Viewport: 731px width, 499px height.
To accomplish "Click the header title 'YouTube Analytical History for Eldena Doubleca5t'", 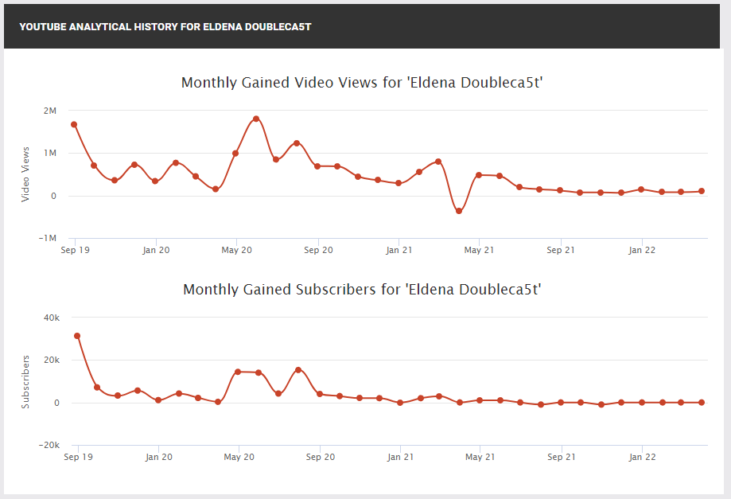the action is [x=165, y=26].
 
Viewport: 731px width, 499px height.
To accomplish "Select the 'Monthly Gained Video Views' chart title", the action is [x=362, y=83].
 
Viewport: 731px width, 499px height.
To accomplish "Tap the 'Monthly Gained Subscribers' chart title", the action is [x=362, y=290].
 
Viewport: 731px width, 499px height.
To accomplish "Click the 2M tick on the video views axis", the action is [x=50, y=111].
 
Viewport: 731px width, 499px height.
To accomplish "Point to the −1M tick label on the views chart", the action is [x=48, y=238].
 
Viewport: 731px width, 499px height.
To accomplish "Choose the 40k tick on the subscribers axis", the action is [x=52, y=318].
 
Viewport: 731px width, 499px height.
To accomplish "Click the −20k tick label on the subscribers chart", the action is [x=49, y=445].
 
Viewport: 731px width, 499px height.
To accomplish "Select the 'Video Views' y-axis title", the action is [x=25, y=174].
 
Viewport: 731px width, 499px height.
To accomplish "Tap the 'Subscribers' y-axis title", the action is [x=25, y=382].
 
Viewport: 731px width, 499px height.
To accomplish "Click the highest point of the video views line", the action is [x=256, y=119].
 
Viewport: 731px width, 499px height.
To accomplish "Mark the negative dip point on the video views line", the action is [x=459, y=211].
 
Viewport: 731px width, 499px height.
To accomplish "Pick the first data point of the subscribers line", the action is [x=77, y=336].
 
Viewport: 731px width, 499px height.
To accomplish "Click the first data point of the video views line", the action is [x=74, y=124].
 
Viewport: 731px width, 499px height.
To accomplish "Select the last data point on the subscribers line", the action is [x=702, y=403].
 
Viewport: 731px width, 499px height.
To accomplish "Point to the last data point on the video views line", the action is [x=702, y=191].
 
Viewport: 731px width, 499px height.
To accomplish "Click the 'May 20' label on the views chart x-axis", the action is [x=236, y=250].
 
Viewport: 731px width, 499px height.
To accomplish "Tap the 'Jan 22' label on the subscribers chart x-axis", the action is [x=642, y=457].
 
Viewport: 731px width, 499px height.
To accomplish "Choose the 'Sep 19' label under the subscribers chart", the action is [x=78, y=457].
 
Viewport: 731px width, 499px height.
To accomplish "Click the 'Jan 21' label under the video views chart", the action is [x=399, y=250].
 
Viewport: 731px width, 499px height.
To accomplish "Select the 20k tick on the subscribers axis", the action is [x=52, y=360].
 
